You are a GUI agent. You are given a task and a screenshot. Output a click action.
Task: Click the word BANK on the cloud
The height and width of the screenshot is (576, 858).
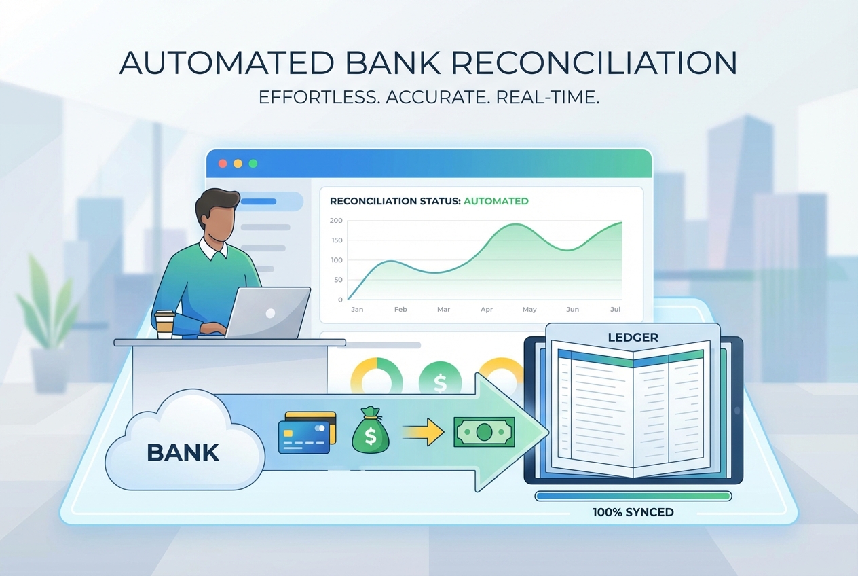pos(183,452)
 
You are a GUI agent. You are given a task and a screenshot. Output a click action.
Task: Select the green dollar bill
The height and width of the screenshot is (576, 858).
pos(484,432)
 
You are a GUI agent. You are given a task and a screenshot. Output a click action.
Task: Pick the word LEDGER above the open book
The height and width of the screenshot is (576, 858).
pos(633,337)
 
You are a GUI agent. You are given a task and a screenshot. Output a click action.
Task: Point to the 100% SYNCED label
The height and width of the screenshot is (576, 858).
pos(633,512)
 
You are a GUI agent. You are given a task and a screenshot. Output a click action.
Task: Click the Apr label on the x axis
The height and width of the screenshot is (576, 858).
pos(487,310)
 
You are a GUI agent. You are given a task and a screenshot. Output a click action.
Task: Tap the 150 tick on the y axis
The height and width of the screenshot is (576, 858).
pos(336,240)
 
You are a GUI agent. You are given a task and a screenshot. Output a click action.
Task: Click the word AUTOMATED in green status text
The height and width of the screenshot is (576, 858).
pos(496,201)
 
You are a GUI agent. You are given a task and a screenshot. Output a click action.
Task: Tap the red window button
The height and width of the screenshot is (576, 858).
pos(222,164)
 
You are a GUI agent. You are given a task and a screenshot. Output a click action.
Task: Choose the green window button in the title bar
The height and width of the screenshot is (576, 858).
pos(253,164)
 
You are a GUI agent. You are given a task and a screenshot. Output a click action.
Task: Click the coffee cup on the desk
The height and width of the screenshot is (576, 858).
pos(164,324)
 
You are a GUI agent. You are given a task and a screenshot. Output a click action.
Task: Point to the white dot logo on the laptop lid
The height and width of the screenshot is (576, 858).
pos(270,314)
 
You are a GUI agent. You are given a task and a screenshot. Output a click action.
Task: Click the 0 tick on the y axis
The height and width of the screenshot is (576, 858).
pos(340,300)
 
